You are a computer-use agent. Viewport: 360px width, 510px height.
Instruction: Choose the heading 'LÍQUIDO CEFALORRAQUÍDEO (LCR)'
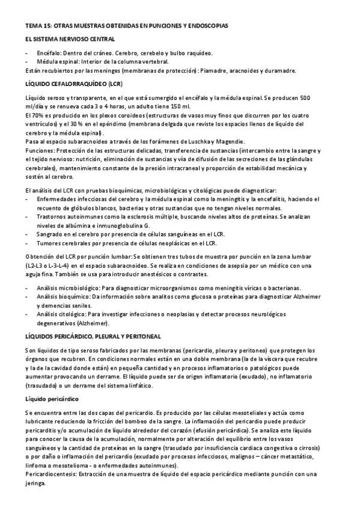tap(71, 84)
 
